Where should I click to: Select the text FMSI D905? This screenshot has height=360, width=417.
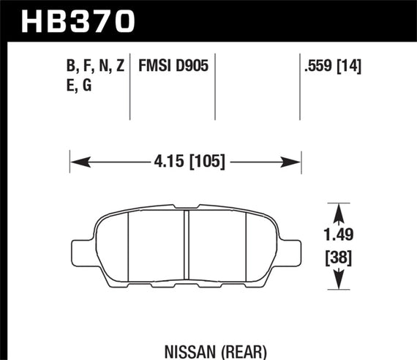click(x=171, y=67)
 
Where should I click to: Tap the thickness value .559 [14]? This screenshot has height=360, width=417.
click(x=334, y=67)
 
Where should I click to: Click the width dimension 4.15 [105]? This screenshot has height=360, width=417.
click(x=187, y=160)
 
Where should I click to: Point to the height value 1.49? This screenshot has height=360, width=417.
click(x=337, y=236)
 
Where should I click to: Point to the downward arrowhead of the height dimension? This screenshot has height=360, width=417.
click(x=337, y=281)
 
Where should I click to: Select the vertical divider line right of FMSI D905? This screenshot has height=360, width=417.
click(x=215, y=88)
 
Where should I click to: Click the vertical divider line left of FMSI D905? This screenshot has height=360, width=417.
click(x=129, y=88)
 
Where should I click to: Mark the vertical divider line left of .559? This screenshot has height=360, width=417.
click(x=301, y=88)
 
